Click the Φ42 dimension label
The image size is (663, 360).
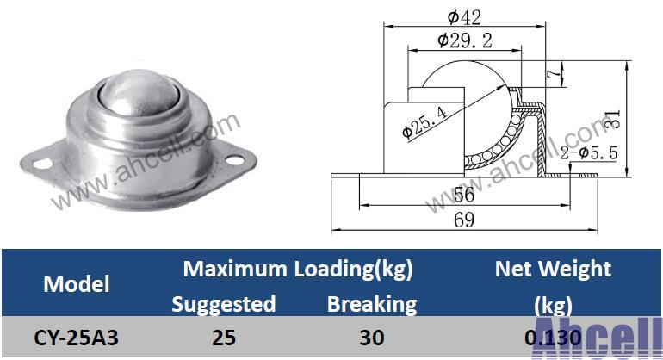[464, 15]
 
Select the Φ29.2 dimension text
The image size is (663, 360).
[464, 40]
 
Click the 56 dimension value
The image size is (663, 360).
[464, 196]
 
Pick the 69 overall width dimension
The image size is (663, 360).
[464, 220]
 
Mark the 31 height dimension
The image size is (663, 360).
[611, 119]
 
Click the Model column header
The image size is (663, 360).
[76, 283]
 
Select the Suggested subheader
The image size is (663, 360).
[224, 303]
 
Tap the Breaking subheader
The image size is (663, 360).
[372, 303]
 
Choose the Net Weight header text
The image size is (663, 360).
[553, 269]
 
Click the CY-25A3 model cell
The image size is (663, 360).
[76, 338]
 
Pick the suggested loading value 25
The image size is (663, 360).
[224, 338]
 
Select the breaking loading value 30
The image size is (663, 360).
[372, 338]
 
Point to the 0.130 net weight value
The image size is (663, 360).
[553, 338]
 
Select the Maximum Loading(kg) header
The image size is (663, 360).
[298, 269]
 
